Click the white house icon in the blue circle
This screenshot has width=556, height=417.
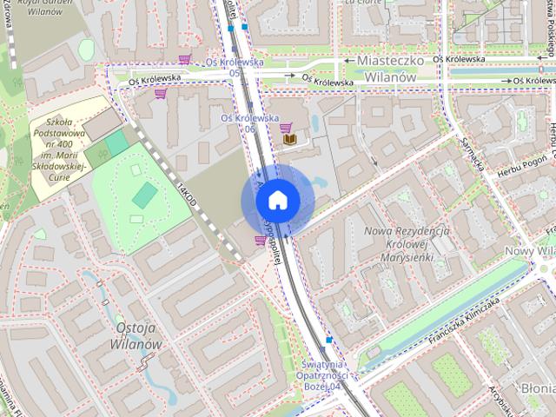pos(276,201)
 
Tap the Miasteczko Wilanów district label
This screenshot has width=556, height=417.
pos(383,69)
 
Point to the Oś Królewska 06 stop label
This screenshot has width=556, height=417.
pos(249,122)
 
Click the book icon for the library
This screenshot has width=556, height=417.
pos(290,139)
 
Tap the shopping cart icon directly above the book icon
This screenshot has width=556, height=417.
pos(286,127)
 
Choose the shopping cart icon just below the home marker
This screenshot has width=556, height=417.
pos(260,241)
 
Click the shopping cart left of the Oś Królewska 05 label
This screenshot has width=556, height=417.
pos(184,60)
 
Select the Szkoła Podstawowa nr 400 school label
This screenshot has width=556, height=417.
pos(68,144)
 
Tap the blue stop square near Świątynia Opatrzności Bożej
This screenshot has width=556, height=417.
pos(328,340)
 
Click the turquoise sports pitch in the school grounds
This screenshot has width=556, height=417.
pos(142,195)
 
